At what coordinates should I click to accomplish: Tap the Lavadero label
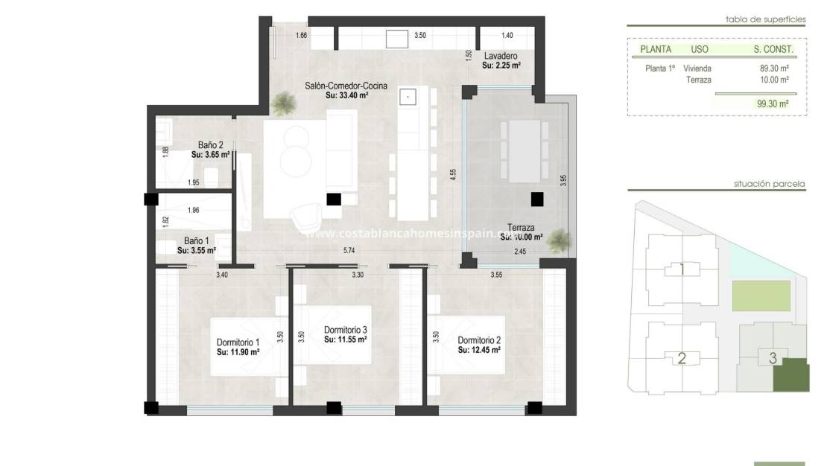coord(501,57)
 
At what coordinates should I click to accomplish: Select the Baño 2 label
coord(211,145)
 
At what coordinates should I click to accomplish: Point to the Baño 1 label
coord(197,241)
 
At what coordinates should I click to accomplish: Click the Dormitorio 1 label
coord(238,342)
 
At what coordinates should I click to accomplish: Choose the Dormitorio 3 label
coord(345,330)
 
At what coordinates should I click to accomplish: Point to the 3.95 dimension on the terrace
coord(564,180)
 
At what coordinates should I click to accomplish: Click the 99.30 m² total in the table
coord(772,105)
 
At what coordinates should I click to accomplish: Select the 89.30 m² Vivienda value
coord(773,68)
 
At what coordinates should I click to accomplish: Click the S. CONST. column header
coord(773,50)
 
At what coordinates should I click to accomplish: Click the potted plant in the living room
coord(282,104)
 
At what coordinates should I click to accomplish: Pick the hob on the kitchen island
coord(408,95)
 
